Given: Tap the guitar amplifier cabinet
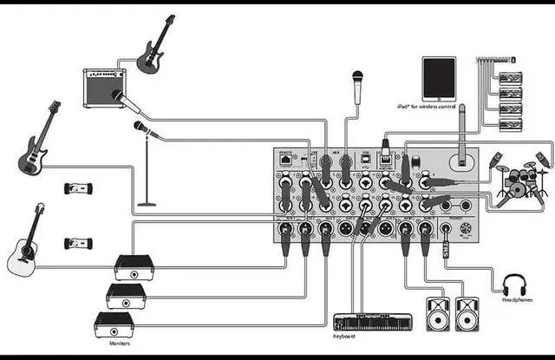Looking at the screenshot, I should point(104,88).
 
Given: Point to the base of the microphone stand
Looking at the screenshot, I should point(147,204).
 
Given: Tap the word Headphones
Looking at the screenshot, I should point(517,301).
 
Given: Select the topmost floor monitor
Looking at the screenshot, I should point(134,267).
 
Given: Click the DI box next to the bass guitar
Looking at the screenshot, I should point(77,188).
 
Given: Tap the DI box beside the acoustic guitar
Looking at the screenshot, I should point(77,243).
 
